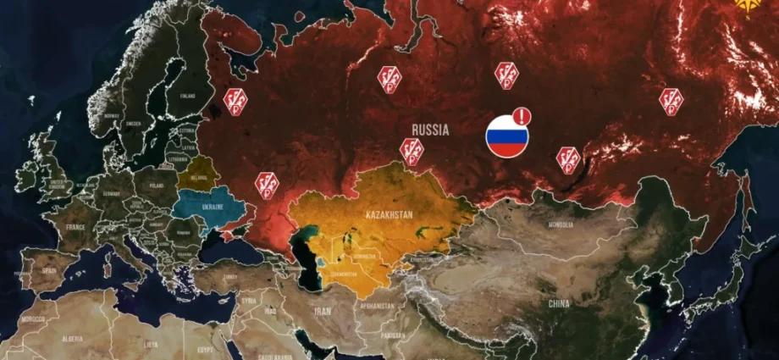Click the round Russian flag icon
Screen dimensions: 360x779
507,136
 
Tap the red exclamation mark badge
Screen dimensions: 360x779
522,116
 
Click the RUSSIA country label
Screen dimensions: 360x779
430,130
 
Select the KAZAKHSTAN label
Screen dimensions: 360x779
389,214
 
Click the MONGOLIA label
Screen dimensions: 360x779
561,224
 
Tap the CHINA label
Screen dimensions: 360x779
558,302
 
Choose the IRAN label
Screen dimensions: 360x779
323,311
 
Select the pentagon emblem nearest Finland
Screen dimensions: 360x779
235,100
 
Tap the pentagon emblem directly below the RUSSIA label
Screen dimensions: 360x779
412,151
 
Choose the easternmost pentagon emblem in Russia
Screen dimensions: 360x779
671,100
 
